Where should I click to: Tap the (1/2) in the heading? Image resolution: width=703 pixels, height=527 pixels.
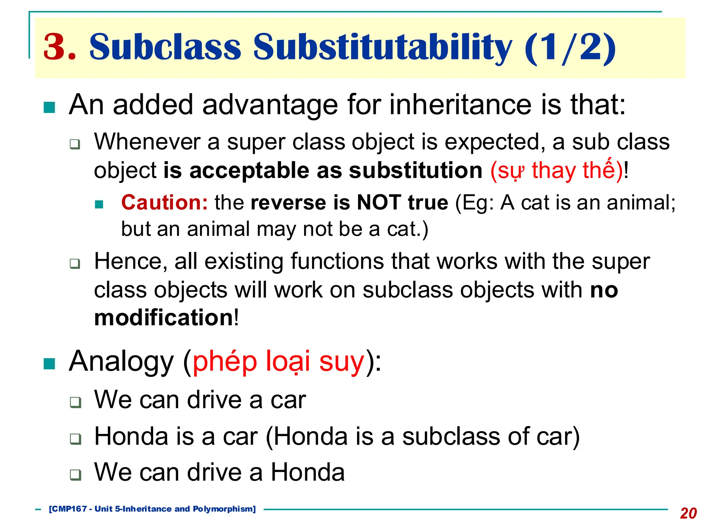coord(570,47)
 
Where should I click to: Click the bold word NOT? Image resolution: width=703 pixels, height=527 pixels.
coord(379,202)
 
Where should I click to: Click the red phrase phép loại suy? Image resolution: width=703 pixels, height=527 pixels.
coord(278,362)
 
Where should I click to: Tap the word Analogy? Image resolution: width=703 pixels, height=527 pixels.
coord(121,362)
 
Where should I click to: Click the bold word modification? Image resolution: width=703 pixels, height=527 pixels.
coord(164,317)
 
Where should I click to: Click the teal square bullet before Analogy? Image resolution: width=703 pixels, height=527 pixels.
coord(49,364)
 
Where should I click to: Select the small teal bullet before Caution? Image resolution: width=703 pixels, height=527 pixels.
coord(99,204)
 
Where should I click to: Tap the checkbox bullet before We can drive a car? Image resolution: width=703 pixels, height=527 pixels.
coord(75,402)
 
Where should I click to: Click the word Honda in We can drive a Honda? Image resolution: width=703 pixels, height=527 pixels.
coord(308,472)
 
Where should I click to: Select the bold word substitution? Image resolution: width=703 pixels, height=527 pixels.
coord(416,171)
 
